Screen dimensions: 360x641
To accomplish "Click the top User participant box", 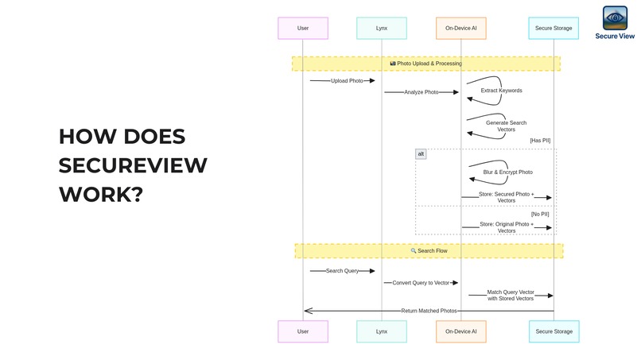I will point(303,28).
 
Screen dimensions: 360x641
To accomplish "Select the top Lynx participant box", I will point(382,28).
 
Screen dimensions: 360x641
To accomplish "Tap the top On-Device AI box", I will point(460,28).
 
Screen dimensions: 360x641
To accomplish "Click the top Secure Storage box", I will point(554,28).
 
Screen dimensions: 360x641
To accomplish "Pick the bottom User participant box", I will point(303,331).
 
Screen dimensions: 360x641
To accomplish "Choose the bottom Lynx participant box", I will point(382,331).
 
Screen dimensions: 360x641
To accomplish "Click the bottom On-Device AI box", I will point(460,331).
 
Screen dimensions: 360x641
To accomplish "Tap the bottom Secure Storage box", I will point(554,331).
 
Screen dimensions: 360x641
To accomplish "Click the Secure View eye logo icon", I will point(614,17).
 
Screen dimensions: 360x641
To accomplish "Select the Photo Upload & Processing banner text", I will point(426,64).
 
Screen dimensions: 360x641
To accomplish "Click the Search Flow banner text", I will point(429,251).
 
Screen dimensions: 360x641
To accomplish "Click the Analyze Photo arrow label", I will point(421,92).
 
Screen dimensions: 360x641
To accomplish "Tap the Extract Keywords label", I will point(502,91).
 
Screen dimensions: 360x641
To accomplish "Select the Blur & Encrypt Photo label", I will point(507,172).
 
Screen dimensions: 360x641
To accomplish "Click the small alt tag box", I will point(421,154).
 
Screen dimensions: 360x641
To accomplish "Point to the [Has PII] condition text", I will point(540,140).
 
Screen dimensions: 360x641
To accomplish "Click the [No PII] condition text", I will point(540,214).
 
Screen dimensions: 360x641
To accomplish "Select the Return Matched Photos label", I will point(429,311).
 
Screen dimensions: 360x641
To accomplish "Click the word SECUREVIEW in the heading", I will point(133,165).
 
